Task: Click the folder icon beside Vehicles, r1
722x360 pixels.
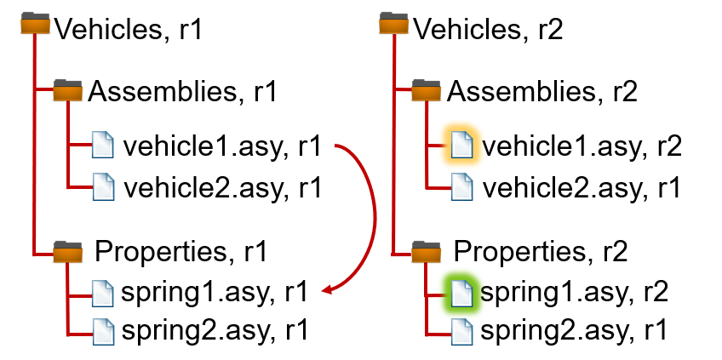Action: click(35, 24)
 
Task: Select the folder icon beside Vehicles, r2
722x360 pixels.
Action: click(393, 24)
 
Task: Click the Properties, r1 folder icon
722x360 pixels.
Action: click(68, 252)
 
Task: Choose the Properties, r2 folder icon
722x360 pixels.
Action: click(426, 252)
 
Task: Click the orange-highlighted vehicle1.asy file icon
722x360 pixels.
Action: click(461, 145)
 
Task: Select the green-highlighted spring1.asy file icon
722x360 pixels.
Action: click(461, 293)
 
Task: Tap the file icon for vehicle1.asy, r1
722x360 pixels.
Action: click(103, 145)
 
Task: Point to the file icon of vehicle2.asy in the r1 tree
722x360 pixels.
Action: click(103, 187)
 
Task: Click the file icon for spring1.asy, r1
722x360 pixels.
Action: click(103, 294)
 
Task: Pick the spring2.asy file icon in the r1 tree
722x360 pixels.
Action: click(103, 331)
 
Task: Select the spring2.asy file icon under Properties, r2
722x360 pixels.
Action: click(461, 331)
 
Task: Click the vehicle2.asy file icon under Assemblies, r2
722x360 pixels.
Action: click(461, 187)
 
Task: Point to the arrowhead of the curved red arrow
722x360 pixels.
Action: click(326, 290)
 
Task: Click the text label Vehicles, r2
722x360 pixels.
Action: click(488, 29)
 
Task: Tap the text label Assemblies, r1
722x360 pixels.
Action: click(182, 91)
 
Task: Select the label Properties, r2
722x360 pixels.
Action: click(541, 252)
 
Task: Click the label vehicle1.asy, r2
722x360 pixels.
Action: click(582, 146)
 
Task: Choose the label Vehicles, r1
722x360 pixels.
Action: click(129, 29)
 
